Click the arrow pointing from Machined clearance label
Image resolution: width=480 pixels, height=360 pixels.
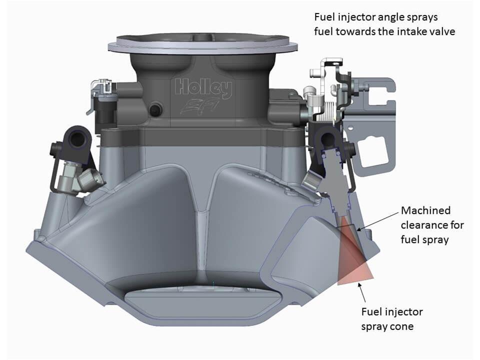[x=379, y=220]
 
